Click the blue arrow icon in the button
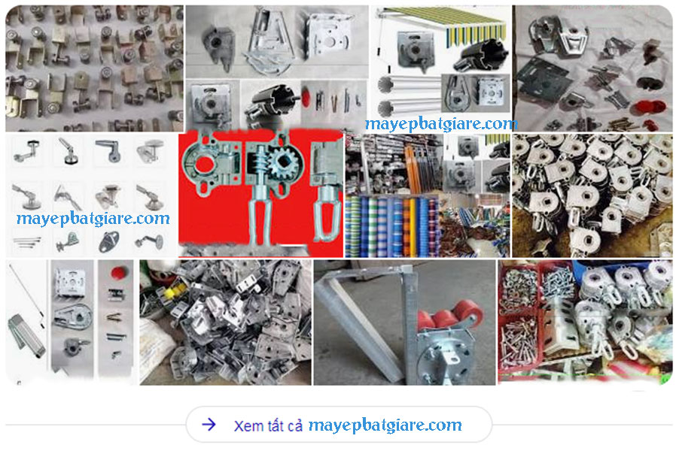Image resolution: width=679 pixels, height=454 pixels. coord(209,425)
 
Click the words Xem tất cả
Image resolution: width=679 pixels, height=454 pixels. coord(268,425)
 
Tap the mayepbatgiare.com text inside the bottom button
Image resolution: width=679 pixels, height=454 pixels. coord(385,425)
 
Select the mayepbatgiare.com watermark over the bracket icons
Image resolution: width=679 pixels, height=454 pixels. coord(93,218)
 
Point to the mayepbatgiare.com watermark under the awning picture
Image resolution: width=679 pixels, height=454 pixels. coord(441,124)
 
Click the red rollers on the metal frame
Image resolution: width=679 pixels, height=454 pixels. coord(449,316)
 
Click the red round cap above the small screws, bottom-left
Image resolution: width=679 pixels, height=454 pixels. coord(118,273)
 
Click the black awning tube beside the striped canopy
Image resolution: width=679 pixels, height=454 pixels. coord(482,54)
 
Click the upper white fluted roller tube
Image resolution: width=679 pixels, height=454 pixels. coord(407,85)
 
